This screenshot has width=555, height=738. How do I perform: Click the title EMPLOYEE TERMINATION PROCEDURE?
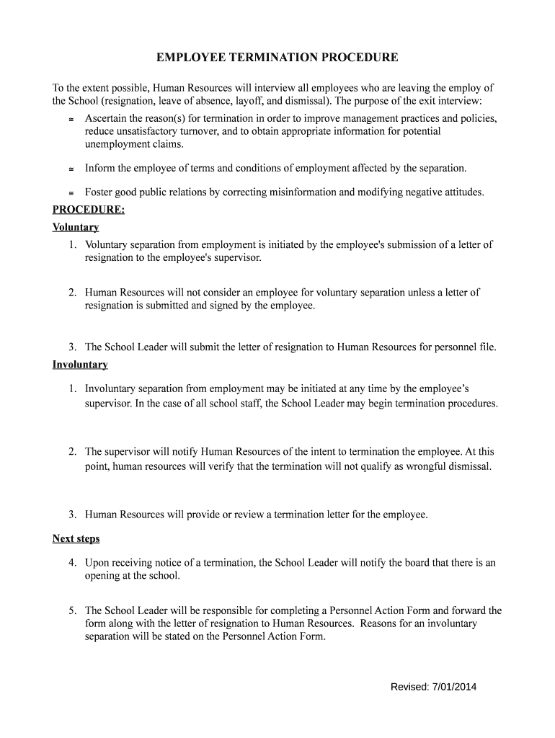click(x=277, y=57)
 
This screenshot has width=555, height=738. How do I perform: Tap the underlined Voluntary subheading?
click(x=76, y=227)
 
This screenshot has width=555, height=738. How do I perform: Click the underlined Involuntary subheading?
click(x=80, y=365)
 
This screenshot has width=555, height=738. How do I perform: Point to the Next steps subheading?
click(x=76, y=538)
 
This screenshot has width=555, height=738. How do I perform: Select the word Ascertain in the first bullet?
click(x=107, y=117)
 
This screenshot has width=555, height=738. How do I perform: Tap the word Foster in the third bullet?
click(x=99, y=192)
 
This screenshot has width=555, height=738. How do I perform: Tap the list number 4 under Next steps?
click(x=73, y=563)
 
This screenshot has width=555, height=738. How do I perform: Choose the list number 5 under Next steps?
click(x=73, y=610)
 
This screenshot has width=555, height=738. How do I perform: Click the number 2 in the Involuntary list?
click(x=73, y=452)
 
